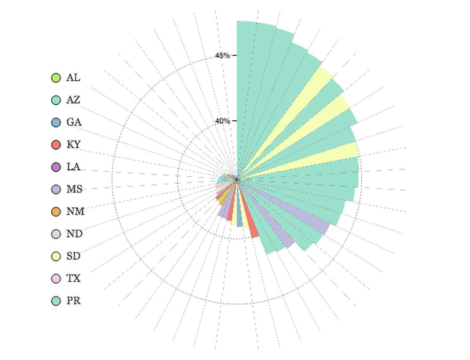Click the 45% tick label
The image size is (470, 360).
[222, 56]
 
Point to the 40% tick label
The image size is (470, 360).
[222, 121]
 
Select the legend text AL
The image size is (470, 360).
[73, 77]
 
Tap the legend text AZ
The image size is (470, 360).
[73, 100]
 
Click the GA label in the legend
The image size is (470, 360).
[74, 122]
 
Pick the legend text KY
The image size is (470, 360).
[73, 144]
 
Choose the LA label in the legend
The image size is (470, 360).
[73, 167]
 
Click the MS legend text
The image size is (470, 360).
[74, 189]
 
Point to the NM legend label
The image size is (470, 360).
[75, 211]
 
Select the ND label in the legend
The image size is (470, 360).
[74, 234]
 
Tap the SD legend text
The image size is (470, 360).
[73, 256]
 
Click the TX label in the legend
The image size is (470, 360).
[73, 278]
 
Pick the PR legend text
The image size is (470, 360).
[73, 301]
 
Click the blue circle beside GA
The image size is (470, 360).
[56, 122]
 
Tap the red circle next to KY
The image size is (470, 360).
[56, 145]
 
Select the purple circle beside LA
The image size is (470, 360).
[56, 167]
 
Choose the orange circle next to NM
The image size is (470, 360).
[56, 212]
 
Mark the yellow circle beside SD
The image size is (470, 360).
[56, 256]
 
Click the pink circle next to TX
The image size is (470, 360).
[56, 279]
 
